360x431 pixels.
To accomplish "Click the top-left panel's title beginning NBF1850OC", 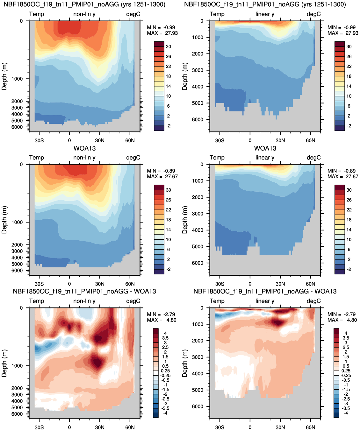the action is click(x=84, y=4).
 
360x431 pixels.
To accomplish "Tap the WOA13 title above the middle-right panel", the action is click(x=265, y=148).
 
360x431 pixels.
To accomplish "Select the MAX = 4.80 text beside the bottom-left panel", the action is click(x=162, y=320).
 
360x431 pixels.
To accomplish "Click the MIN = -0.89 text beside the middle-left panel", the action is click(x=161, y=171).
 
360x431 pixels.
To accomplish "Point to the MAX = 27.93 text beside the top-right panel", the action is click(x=343, y=33).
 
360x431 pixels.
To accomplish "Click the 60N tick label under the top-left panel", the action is click(x=130, y=141).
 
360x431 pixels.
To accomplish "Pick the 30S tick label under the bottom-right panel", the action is click(x=220, y=427).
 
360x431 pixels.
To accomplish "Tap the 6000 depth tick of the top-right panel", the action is click(x=198, y=119).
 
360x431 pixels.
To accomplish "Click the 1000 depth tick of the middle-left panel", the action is click(x=17, y=222).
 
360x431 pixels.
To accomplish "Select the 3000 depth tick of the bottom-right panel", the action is click(x=198, y=357).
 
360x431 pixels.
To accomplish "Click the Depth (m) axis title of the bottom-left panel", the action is click(x=4, y=363).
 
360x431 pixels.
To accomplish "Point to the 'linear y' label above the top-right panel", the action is click(x=265, y=14).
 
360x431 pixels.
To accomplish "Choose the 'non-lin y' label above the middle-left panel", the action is click(x=84, y=158).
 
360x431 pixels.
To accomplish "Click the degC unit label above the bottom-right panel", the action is click(x=314, y=301).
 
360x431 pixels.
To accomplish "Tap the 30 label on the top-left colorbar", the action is click(x=169, y=47).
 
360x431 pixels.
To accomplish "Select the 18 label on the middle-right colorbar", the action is click(x=349, y=220).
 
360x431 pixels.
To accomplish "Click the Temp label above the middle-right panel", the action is click(x=217, y=158).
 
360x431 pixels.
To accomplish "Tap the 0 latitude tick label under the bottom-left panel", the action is click(x=69, y=427).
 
